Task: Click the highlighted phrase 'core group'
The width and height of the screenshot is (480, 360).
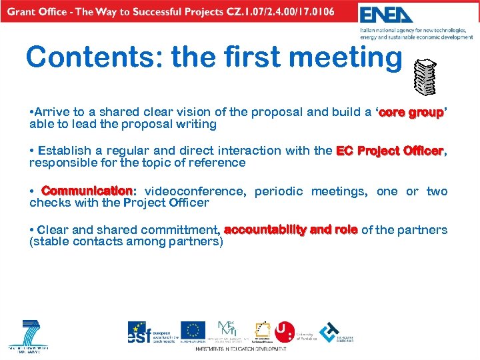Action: (x=411, y=113)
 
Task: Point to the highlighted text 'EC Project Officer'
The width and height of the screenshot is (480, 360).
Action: (x=390, y=151)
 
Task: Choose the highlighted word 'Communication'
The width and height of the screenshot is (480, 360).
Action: (x=87, y=191)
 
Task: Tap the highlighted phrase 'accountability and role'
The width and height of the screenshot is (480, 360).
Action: (x=291, y=230)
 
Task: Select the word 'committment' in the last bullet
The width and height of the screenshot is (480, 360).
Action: (x=179, y=230)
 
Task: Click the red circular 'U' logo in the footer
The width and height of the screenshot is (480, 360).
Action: (x=285, y=331)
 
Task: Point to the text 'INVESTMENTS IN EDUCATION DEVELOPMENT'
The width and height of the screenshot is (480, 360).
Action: (x=241, y=349)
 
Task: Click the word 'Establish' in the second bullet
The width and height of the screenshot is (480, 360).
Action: (x=65, y=151)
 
